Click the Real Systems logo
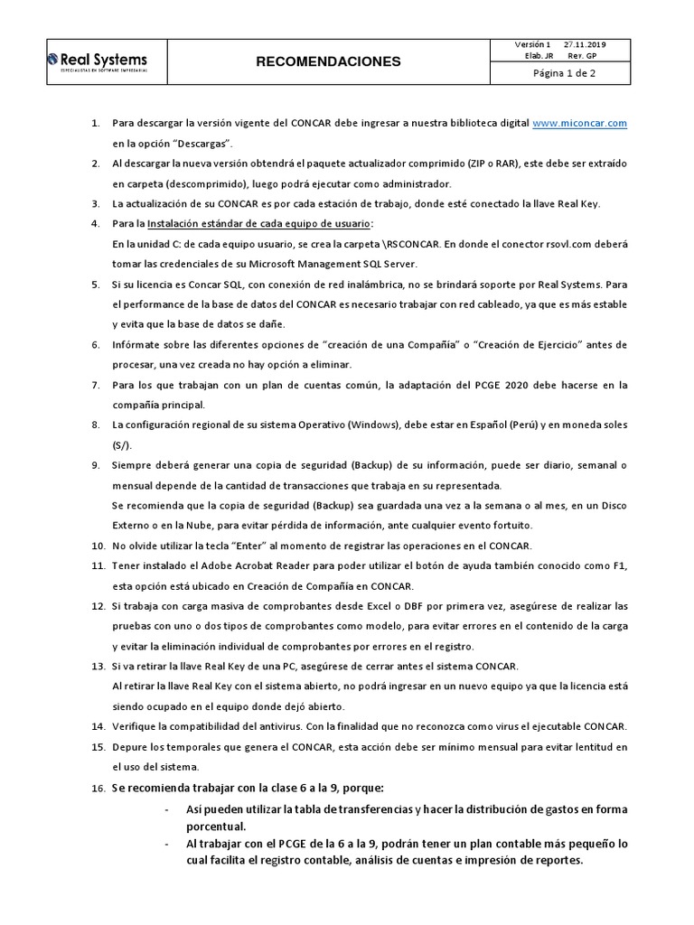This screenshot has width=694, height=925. [x=97, y=61]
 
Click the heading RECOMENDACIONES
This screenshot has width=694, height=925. [x=328, y=62]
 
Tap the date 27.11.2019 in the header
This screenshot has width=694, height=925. [x=586, y=44]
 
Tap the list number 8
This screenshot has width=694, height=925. [x=96, y=425]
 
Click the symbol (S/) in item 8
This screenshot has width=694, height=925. [x=121, y=444]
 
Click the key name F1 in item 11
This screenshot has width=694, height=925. [x=621, y=566]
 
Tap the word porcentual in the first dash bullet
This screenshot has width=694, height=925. [x=216, y=826]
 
